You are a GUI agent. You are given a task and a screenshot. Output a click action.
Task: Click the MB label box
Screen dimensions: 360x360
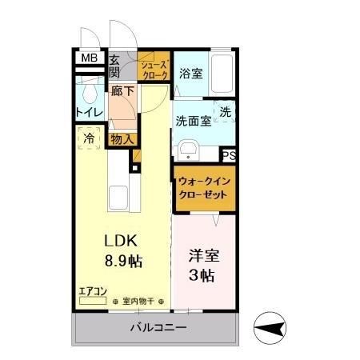coord(90,58)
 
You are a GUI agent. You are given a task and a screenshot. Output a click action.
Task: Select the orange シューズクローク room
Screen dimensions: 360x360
coord(154,69)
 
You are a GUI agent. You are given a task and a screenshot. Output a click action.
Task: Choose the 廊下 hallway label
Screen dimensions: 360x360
coord(122,93)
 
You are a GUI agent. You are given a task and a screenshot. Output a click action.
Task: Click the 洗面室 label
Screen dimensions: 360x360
coord(193,121)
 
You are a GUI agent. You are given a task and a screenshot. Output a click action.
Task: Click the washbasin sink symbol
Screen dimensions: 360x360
coord(188,150)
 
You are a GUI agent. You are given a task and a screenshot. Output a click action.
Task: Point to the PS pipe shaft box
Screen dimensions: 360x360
coord(230,156)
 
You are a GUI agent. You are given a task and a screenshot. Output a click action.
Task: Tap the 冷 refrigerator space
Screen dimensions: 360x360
coord(90,138)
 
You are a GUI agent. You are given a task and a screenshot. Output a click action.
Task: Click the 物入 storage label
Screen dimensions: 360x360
coord(122,139)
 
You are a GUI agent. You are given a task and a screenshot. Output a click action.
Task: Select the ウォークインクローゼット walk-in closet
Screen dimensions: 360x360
coord(205,188)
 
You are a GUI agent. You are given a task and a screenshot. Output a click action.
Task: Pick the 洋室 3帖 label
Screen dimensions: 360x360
coord(202,266)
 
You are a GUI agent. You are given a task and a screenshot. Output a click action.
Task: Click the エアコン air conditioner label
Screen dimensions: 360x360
coord(91,292)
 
